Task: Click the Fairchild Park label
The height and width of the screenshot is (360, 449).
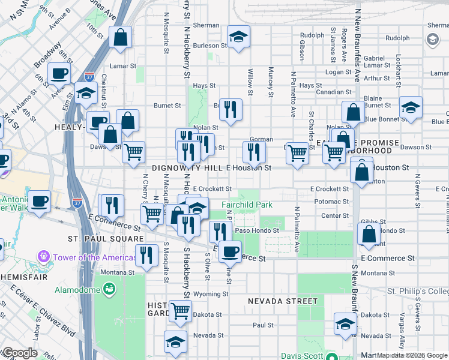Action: click(247, 205)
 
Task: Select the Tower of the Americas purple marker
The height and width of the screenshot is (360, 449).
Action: click(43, 257)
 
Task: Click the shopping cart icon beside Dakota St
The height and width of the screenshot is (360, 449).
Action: click(180, 311)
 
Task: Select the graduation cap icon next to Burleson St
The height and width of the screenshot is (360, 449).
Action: click(238, 37)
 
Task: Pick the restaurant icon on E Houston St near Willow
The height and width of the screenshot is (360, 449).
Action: click(255, 152)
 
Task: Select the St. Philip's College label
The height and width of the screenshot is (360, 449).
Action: click(417, 292)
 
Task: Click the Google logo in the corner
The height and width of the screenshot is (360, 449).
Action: click(20, 353)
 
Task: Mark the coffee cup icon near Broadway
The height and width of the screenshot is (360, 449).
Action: click(59, 74)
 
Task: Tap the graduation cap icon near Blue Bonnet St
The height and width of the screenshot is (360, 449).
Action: click(411, 107)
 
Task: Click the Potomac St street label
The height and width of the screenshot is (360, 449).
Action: click(334, 202)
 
